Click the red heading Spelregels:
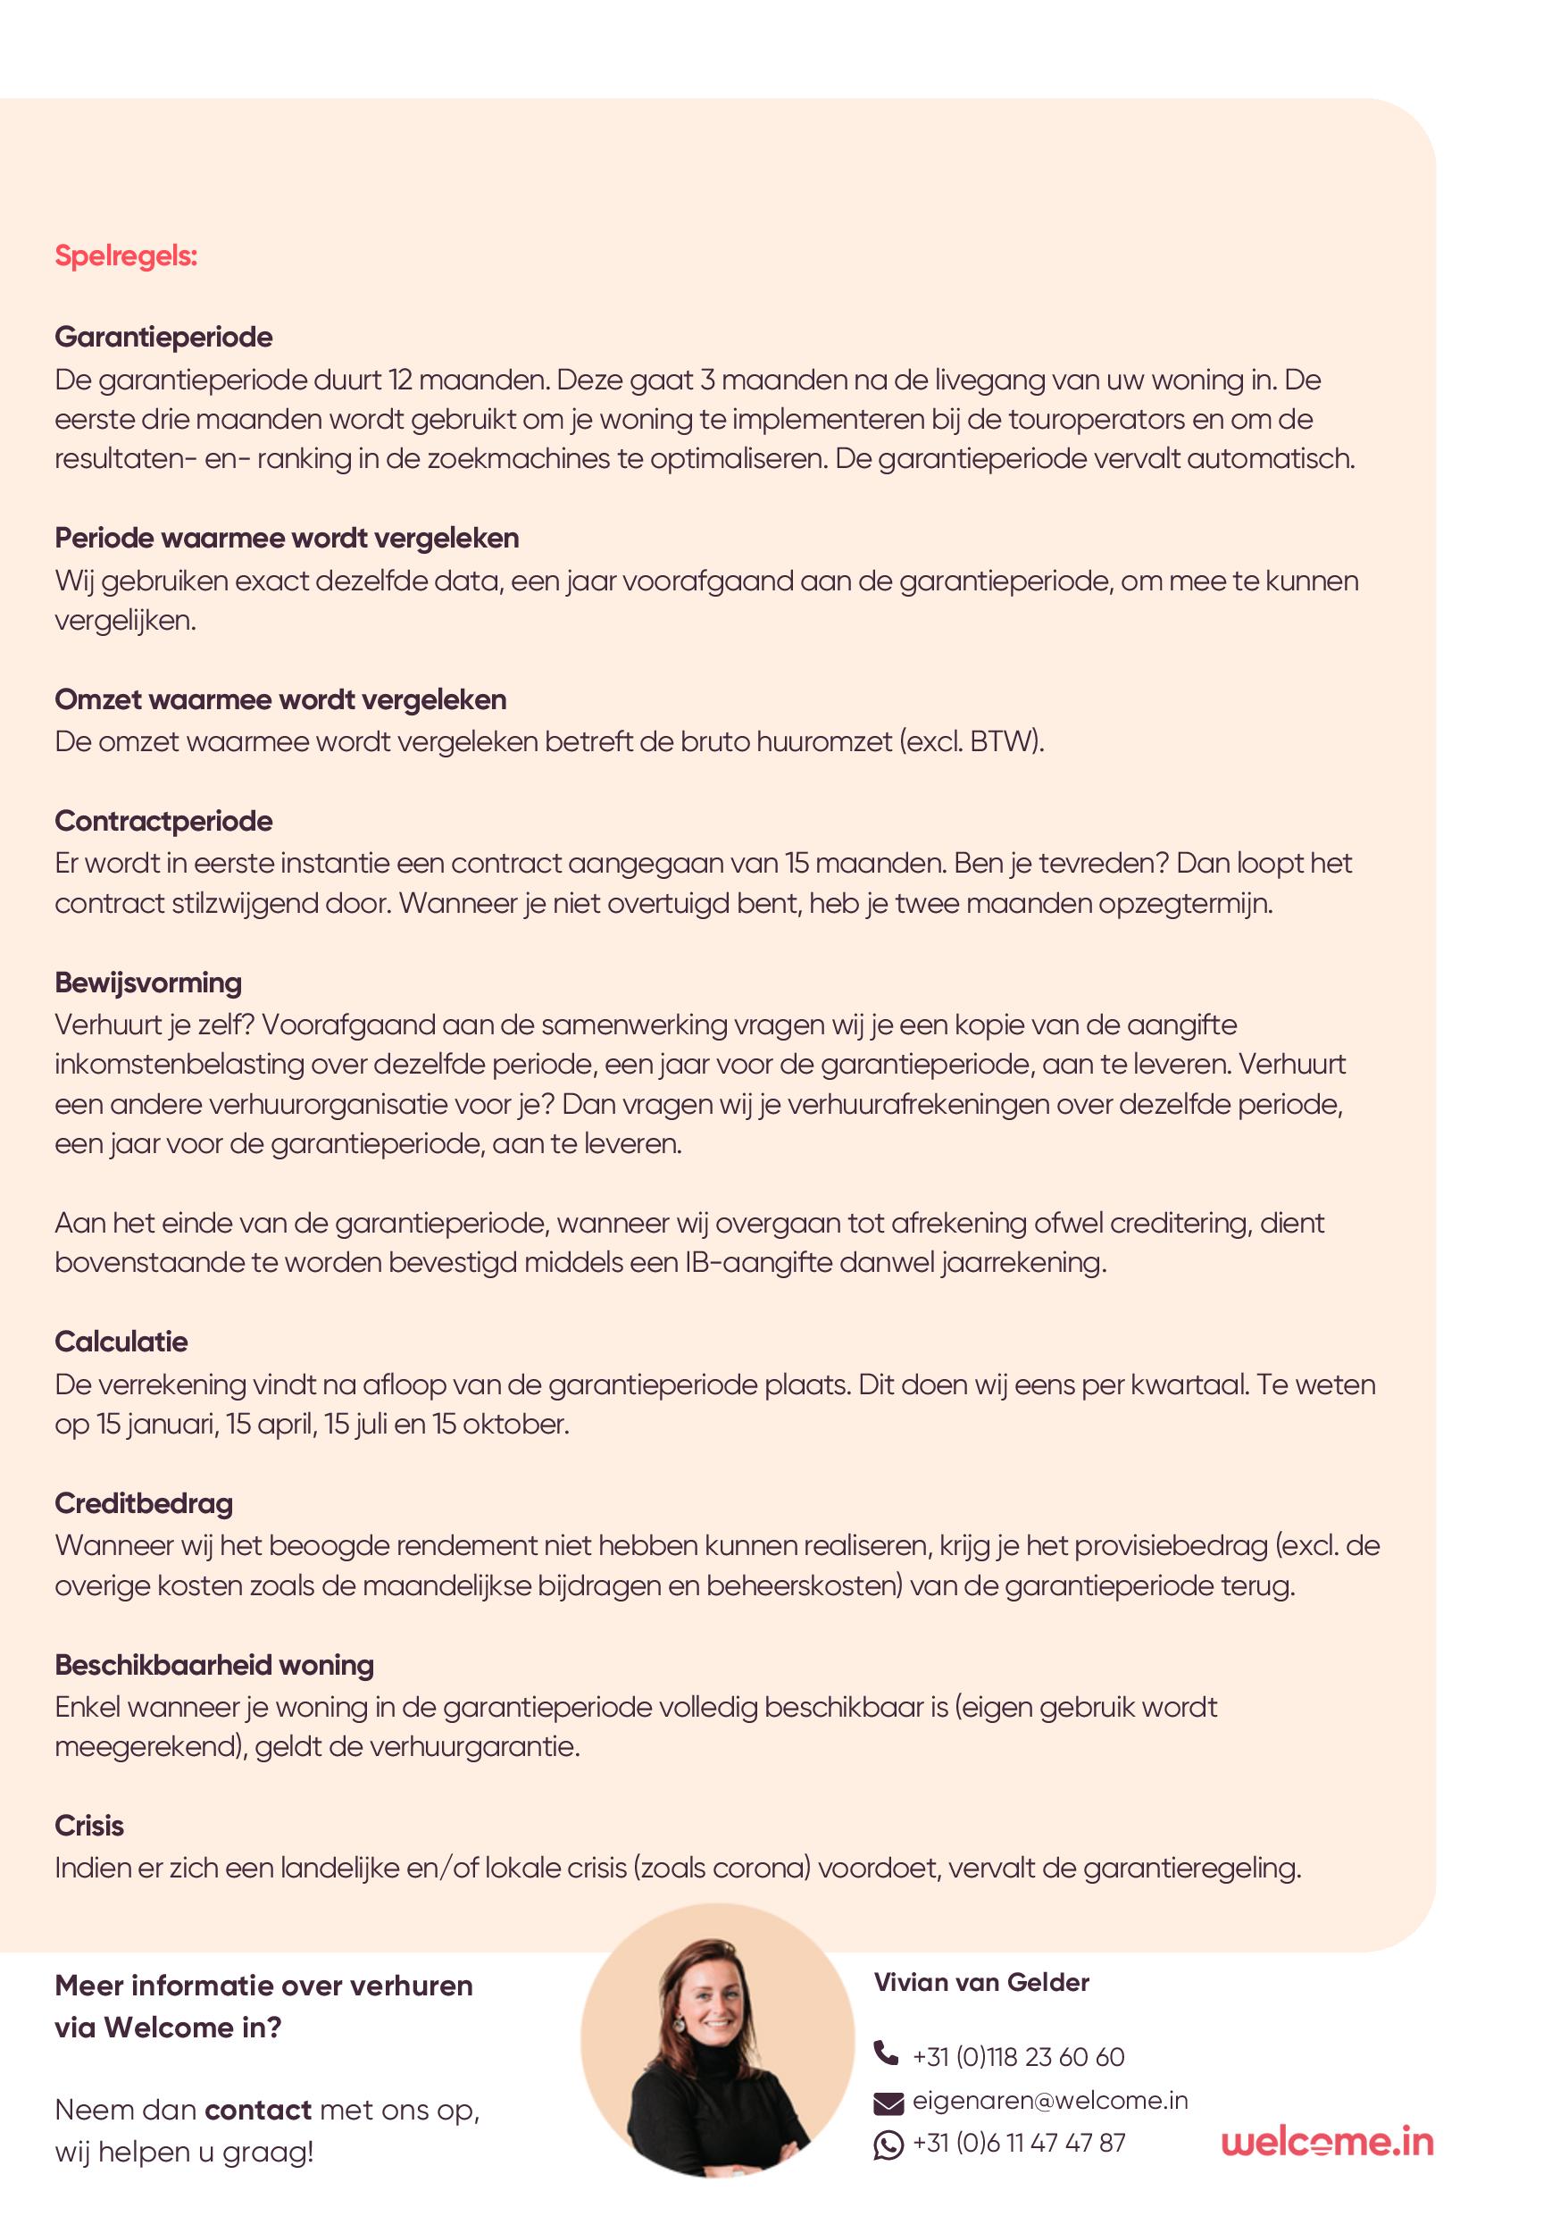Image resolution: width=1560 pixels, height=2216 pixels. (x=125, y=256)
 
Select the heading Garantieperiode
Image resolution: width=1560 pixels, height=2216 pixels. (x=163, y=337)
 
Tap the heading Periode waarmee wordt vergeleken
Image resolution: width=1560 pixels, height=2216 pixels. (x=287, y=538)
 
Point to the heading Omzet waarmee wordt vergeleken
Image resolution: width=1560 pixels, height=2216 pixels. (x=279, y=698)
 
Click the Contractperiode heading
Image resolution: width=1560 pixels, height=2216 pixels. (x=163, y=822)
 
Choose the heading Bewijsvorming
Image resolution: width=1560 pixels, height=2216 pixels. (x=147, y=983)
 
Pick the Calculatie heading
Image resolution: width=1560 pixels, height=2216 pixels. (x=121, y=1342)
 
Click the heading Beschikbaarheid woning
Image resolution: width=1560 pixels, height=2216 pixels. (x=214, y=1665)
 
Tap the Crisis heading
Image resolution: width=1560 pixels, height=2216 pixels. (x=88, y=1826)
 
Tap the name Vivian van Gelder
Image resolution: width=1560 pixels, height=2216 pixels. (x=980, y=1983)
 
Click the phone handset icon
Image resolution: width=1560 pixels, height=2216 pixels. (x=886, y=2052)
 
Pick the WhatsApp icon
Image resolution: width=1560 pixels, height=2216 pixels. (x=888, y=2145)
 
